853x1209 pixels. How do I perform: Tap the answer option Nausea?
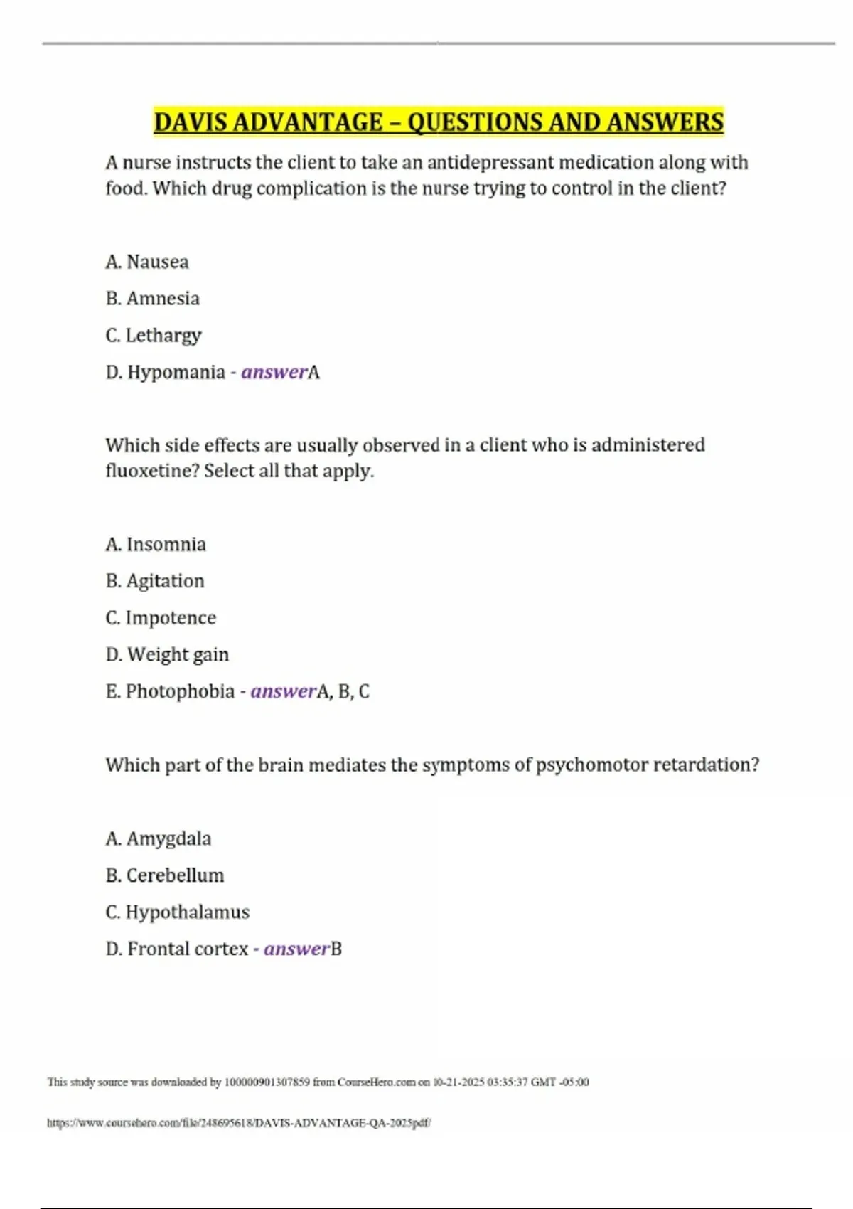(157, 262)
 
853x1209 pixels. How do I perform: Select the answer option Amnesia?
(163, 299)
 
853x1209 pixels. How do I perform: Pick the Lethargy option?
(163, 336)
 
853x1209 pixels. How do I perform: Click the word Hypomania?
(176, 372)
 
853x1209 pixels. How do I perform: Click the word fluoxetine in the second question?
(150, 471)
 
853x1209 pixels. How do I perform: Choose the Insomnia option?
(166, 545)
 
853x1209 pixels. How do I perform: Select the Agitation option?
(165, 582)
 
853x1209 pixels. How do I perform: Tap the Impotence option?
(171, 618)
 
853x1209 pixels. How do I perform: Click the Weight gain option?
(178, 655)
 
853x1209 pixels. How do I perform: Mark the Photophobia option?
(180, 691)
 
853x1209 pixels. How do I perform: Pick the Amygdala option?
(168, 839)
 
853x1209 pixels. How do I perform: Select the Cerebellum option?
(175, 875)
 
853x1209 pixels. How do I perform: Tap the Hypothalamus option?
(188, 912)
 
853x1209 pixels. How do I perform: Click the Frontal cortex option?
(188, 949)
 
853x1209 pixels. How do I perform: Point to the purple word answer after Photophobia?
(283, 691)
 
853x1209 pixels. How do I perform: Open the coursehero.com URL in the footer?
(239, 1124)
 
